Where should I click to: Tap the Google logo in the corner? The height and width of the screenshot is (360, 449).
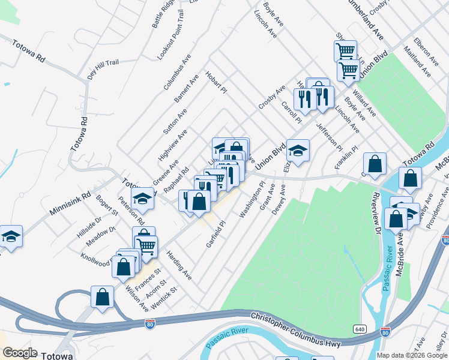(20, 353)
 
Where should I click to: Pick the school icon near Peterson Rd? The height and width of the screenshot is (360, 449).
(142, 198)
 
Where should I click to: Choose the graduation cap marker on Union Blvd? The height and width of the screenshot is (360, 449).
(298, 150)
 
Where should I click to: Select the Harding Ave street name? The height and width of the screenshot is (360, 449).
(179, 265)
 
